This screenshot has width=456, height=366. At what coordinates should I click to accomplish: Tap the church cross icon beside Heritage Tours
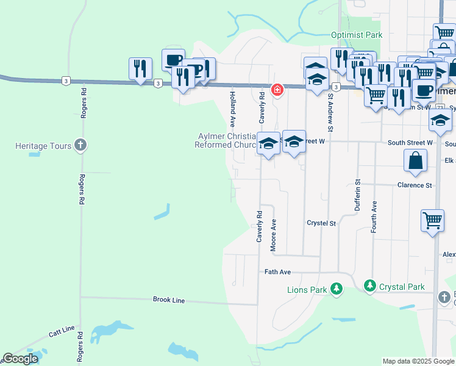pyautogui.click(x=80, y=145)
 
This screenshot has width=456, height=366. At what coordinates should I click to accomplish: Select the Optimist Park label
pyautogui.click(x=357, y=35)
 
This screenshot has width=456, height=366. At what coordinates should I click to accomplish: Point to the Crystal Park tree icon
pyautogui.click(x=369, y=285)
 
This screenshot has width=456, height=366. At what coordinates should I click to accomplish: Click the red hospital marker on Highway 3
pyautogui.click(x=277, y=90)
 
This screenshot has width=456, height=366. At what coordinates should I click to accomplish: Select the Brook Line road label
pyautogui.click(x=169, y=300)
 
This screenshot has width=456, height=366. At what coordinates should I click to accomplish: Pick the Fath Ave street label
pyautogui.click(x=278, y=272)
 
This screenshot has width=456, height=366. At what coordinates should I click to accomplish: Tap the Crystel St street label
pyautogui.click(x=321, y=224)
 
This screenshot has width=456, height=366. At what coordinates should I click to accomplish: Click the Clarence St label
pyautogui.click(x=415, y=185)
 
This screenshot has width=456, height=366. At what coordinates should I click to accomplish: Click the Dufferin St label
pyautogui.click(x=358, y=195)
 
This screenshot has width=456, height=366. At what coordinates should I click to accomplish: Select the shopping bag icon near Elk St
pyautogui.click(x=415, y=162)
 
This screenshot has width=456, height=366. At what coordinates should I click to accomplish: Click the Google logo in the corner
pyautogui.click(x=20, y=359)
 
